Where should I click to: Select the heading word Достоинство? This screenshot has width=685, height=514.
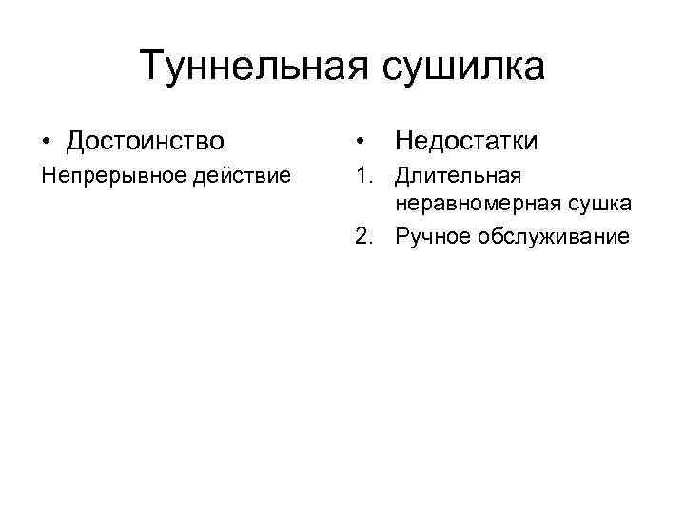tap(146, 142)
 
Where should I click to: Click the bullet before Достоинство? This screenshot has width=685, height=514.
tap(47, 143)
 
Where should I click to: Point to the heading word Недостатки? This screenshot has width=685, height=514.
tap(466, 142)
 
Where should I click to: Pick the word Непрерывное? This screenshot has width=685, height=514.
tap(102, 177)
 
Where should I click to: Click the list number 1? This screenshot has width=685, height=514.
tap(362, 177)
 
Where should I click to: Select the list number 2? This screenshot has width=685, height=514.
tap(362, 236)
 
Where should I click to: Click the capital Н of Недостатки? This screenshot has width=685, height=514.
tap(403, 142)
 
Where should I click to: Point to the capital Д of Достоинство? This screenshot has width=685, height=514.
tap(76, 142)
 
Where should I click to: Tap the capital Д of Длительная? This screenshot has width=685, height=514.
tap(403, 177)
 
